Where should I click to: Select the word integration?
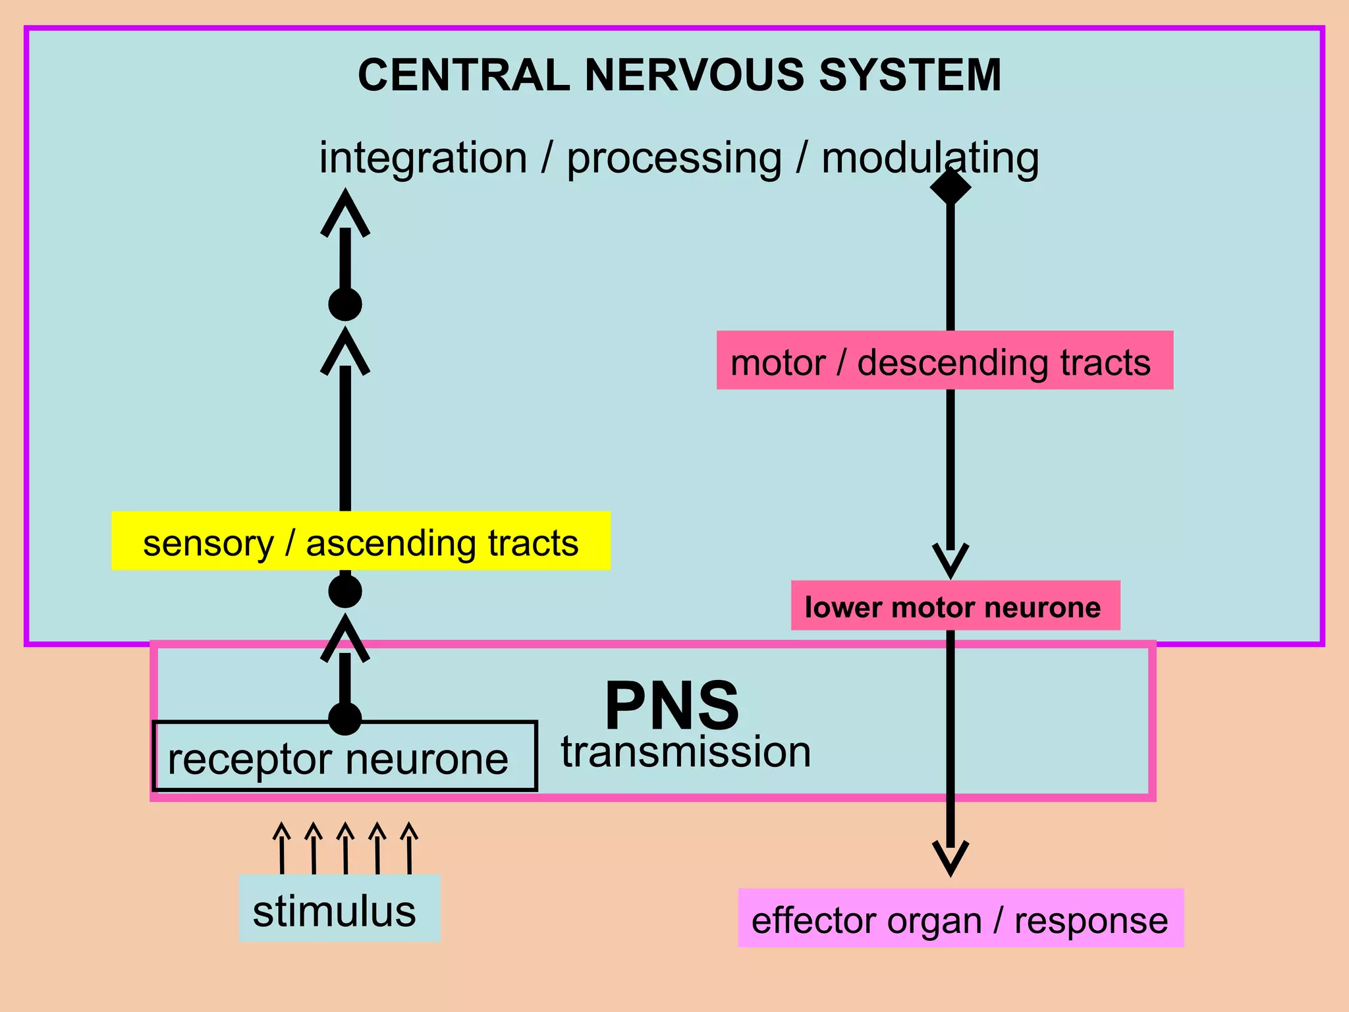point(423,158)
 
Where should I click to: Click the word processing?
point(674,159)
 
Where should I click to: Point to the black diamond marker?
point(950,186)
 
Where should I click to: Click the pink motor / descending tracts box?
point(945,360)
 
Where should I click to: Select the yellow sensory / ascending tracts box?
point(361,541)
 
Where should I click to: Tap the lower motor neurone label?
point(954,605)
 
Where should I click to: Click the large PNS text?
point(672,705)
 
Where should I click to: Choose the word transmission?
point(686,752)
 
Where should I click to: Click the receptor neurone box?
point(344,758)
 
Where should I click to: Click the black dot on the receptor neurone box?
point(345,718)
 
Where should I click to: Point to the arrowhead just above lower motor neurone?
point(950,559)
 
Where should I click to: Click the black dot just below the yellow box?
point(345,591)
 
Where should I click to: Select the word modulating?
point(929,159)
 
